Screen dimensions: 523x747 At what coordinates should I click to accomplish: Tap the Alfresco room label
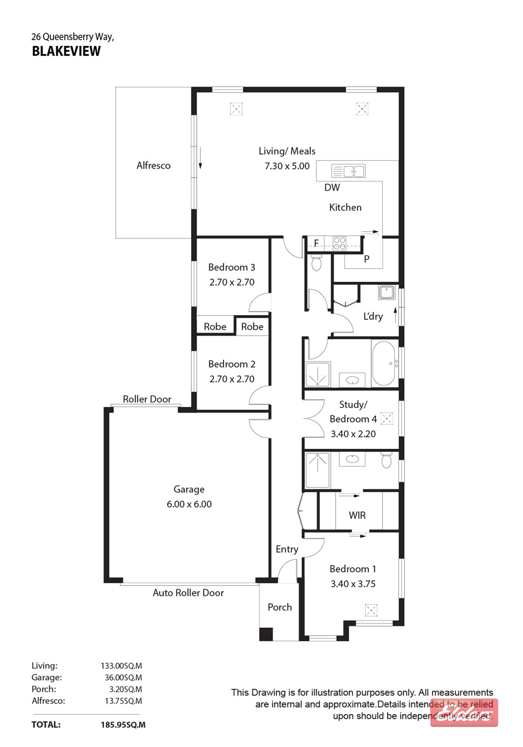click(x=153, y=166)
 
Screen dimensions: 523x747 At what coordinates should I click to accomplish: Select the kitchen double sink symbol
click(x=348, y=171)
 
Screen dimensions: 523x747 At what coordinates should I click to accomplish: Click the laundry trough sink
click(x=386, y=292)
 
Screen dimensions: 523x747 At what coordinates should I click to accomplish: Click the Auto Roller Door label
click(x=188, y=593)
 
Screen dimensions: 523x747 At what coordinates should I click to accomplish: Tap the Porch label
click(x=280, y=607)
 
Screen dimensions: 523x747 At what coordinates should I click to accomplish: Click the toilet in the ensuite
click(x=386, y=460)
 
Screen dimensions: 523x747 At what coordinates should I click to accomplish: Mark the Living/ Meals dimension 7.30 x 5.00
click(x=287, y=166)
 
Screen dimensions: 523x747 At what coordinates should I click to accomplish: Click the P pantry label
click(x=367, y=259)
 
